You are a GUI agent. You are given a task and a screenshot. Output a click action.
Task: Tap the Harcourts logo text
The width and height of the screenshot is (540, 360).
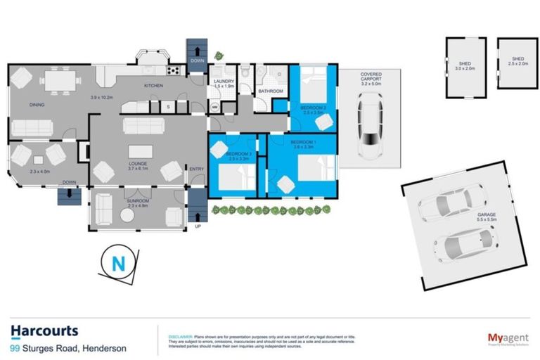coord(44,330)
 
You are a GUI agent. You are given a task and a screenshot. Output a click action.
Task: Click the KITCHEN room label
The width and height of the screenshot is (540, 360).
coord(154,86)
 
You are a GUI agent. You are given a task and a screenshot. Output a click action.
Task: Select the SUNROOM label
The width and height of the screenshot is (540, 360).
coord(138,201)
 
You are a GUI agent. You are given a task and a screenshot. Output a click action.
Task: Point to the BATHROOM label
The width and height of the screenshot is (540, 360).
coord(271,91)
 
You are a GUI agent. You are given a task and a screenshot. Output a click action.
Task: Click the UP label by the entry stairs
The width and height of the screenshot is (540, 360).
coord(197,226)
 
